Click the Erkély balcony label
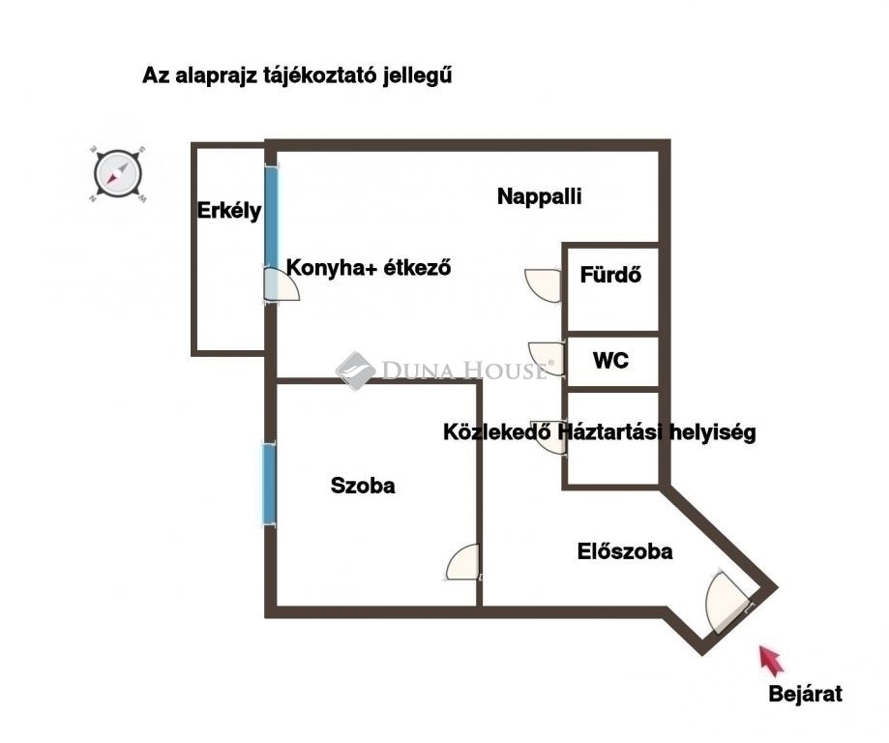tap(229, 211)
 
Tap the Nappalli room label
tap(539, 196)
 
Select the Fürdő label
tap(610, 275)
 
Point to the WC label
tap(610, 360)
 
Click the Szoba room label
tap(363, 486)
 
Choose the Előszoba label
tap(625, 551)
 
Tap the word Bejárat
tap(805, 694)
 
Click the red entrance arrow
tap(772, 660)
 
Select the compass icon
tap(118, 174)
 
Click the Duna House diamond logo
tap(355, 371)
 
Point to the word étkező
tap(417, 267)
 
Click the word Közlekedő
tap(497, 431)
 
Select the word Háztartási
tap(610, 431)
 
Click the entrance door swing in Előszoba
tap(728, 601)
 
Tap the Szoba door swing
tap(462, 562)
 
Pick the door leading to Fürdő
tap(543, 286)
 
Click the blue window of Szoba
tap(269, 484)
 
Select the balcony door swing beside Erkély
tap(282, 285)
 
